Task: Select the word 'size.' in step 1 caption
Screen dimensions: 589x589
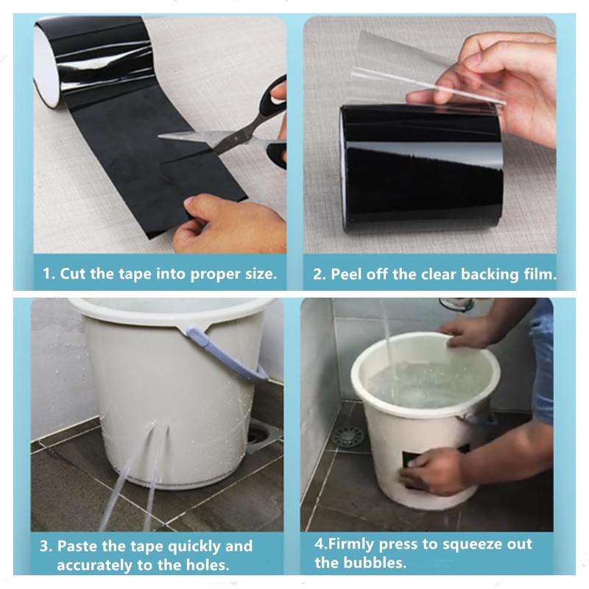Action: [261, 274]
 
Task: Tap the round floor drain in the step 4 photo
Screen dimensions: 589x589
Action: [348, 437]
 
